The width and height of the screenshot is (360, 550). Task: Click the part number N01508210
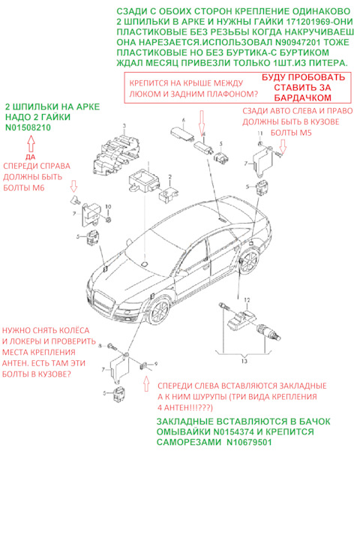[28, 128]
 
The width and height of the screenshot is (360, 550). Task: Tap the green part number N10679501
[249, 442]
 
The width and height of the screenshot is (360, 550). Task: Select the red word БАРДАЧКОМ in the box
[302, 98]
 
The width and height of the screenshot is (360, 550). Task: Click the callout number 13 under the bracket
[244, 361]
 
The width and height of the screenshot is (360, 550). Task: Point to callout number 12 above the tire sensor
[247, 300]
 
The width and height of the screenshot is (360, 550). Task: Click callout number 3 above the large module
[124, 125]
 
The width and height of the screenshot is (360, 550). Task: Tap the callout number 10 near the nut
[108, 206]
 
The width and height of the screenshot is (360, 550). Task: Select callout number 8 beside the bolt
[100, 346]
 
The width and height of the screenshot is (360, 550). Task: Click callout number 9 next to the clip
[156, 364]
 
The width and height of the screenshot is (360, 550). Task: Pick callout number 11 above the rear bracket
[259, 134]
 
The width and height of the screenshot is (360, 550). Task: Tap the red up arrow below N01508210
[31, 144]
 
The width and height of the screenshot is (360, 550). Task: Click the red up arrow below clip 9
[146, 383]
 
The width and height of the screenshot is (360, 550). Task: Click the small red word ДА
[31, 157]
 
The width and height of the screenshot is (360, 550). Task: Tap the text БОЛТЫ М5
[291, 133]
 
